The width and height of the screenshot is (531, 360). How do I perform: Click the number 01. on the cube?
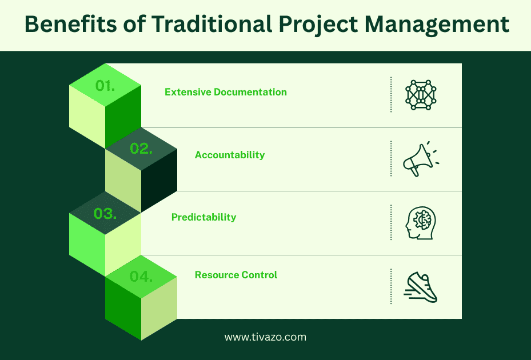pyautogui.click(x=105, y=86)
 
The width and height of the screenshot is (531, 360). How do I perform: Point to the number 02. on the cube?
pyautogui.click(x=141, y=149)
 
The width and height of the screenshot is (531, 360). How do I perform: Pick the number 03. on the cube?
pyautogui.click(x=105, y=214)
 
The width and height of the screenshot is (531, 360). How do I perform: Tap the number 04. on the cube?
pyautogui.click(x=141, y=277)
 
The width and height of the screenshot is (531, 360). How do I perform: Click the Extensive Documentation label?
pyautogui.click(x=226, y=92)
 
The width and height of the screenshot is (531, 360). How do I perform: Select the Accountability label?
pyautogui.click(x=230, y=155)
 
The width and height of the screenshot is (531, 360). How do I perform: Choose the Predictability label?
pyautogui.click(x=203, y=217)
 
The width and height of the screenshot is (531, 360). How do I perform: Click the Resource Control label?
pyautogui.click(x=235, y=275)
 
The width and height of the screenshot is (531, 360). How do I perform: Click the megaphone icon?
pyautogui.click(x=420, y=158)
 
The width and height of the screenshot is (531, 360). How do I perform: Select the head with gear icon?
pyautogui.click(x=421, y=222)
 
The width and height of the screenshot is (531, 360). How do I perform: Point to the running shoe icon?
pyautogui.click(x=421, y=287)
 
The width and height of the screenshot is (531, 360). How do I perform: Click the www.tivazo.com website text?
pyautogui.click(x=265, y=337)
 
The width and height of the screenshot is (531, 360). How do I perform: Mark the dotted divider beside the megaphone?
pyautogui.click(x=391, y=158)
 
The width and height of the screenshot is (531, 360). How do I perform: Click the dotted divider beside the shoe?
pyautogui.click(x=391, y=286)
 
